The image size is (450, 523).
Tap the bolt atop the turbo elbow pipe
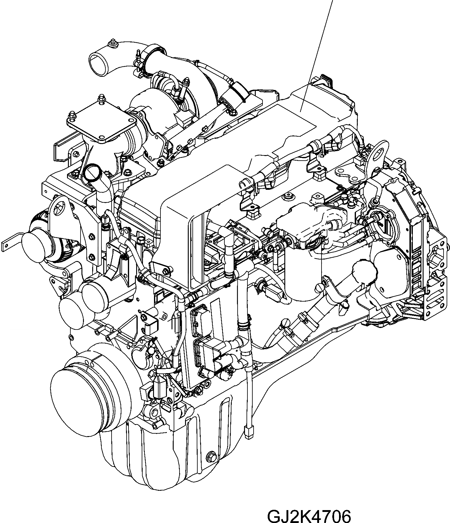click(x=113, y=43)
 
